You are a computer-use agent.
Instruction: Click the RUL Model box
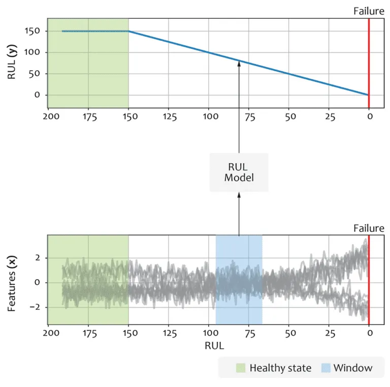click(x=239, y=172)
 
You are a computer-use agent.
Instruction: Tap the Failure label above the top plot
click(x=369, y=11)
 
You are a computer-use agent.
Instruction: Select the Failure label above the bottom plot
click(x=369, y=228)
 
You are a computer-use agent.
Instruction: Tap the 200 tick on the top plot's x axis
click(x=48, y=117)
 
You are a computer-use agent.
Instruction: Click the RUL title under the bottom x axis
click(x=208, y=345)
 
